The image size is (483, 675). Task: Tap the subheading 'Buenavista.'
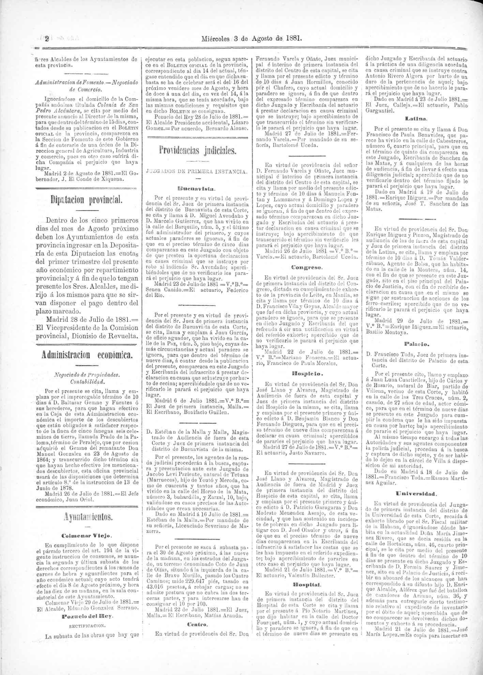click(197, 188)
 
